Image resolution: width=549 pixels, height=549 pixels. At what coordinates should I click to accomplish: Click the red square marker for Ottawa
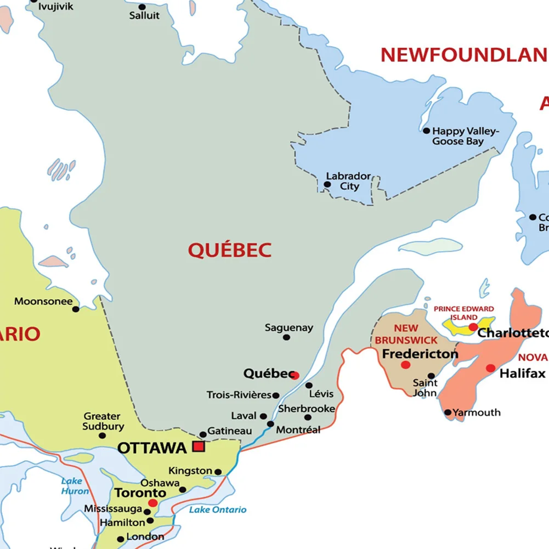pos(199,446)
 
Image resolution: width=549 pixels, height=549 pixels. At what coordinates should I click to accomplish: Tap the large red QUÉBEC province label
pos(230,251)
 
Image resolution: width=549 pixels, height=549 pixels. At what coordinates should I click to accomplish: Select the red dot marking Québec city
pos(295,376)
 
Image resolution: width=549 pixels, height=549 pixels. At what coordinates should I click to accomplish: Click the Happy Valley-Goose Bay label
pos(465,136)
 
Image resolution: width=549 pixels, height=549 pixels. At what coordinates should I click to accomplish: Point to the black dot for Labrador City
pos(327,184)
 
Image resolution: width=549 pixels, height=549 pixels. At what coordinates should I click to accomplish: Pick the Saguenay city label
pos(289,328)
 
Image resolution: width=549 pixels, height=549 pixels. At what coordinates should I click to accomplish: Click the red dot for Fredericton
pos(405,365)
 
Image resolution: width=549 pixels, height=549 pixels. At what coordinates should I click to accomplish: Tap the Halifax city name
pos(522,374)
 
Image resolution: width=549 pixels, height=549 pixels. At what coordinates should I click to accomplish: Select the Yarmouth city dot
pos(448,412)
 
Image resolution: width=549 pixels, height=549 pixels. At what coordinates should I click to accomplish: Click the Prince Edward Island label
pos(463,313)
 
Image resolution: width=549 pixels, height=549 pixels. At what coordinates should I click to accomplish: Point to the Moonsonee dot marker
pos(76,309)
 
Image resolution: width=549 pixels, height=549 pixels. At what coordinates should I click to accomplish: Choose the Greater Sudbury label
pos(104,421)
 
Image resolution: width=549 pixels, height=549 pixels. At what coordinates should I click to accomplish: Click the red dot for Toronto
pos(153,503)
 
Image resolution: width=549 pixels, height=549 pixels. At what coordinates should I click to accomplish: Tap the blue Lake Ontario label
pos(218,510)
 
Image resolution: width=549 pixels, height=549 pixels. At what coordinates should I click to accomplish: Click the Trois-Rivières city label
pos(239,395)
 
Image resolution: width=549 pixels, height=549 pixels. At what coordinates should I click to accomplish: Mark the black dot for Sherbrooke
pos(308,417)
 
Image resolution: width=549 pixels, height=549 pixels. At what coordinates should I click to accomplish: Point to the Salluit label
pos(144,15)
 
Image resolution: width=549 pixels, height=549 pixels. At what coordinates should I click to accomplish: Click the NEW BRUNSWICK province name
pos(406,334)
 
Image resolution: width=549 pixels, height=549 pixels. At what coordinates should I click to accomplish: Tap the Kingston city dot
pos(218,472)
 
